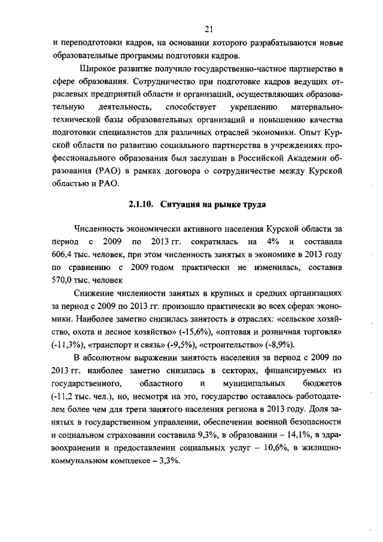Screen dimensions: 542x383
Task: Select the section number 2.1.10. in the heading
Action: [x=141, y=204]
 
